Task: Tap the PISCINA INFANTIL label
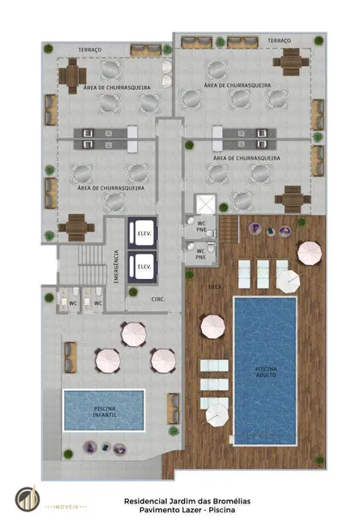(x=103, y=412)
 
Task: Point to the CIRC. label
(x=157, y=299)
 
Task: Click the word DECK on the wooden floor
(x=215, y=286)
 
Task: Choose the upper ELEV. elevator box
(x=144, y=229)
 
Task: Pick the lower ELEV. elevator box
(x=144, y=266)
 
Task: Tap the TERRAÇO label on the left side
(x=90, y=49)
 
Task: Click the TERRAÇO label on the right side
(x=278, y=40)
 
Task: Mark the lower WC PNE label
(x=200, y=254)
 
